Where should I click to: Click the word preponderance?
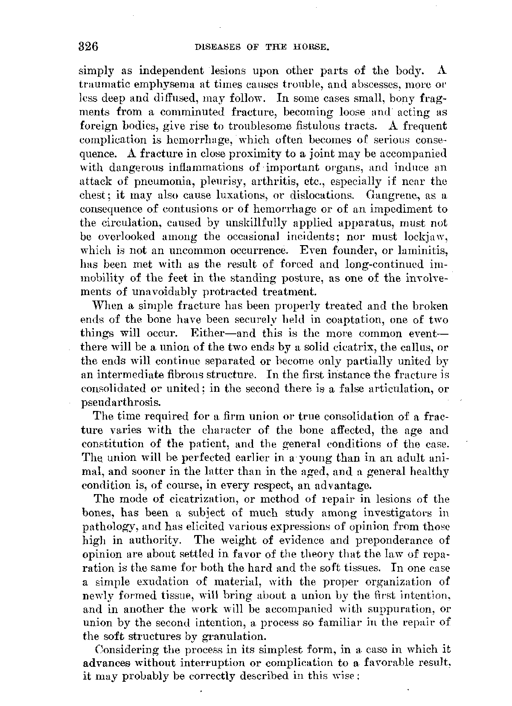point(393,541)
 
